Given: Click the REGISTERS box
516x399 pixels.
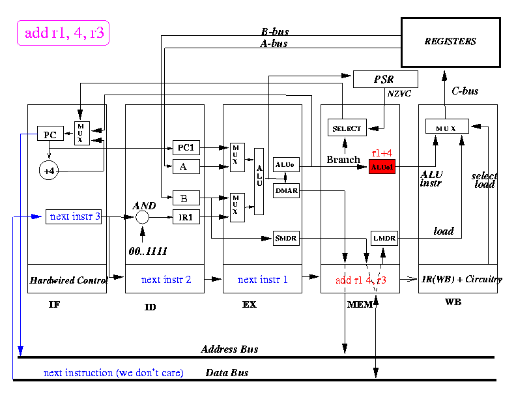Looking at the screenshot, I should click(x=450, y=42).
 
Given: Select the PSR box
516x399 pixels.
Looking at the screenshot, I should click(x=384, y=80).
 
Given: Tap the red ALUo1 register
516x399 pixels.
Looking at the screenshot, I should click(x=382, y=167).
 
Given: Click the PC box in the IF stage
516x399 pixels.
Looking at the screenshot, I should click(x=50, y=135).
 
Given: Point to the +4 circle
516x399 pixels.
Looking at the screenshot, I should click(x=50, y=171).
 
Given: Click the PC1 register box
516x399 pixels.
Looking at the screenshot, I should click(x=186, y=147).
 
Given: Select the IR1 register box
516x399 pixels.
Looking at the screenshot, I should click(x=186, y=218).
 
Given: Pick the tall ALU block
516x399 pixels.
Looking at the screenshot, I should click(x=259, y=181).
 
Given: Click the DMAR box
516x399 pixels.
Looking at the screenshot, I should click(x=286, y=190).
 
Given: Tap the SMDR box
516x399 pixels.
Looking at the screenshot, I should click(x=286, y=239).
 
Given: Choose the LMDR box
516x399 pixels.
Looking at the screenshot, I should click(x=384, y=239).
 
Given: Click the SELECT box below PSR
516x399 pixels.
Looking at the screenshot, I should click(x=347, y=128).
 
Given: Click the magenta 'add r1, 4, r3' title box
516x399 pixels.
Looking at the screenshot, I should click(x=63, y=33).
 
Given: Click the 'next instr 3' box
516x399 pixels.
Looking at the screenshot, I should click(x=74, y=216).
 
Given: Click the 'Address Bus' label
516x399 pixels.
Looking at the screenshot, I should click(x=229, y=349).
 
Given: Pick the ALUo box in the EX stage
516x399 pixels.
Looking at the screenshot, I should click(x=285, y=166).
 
